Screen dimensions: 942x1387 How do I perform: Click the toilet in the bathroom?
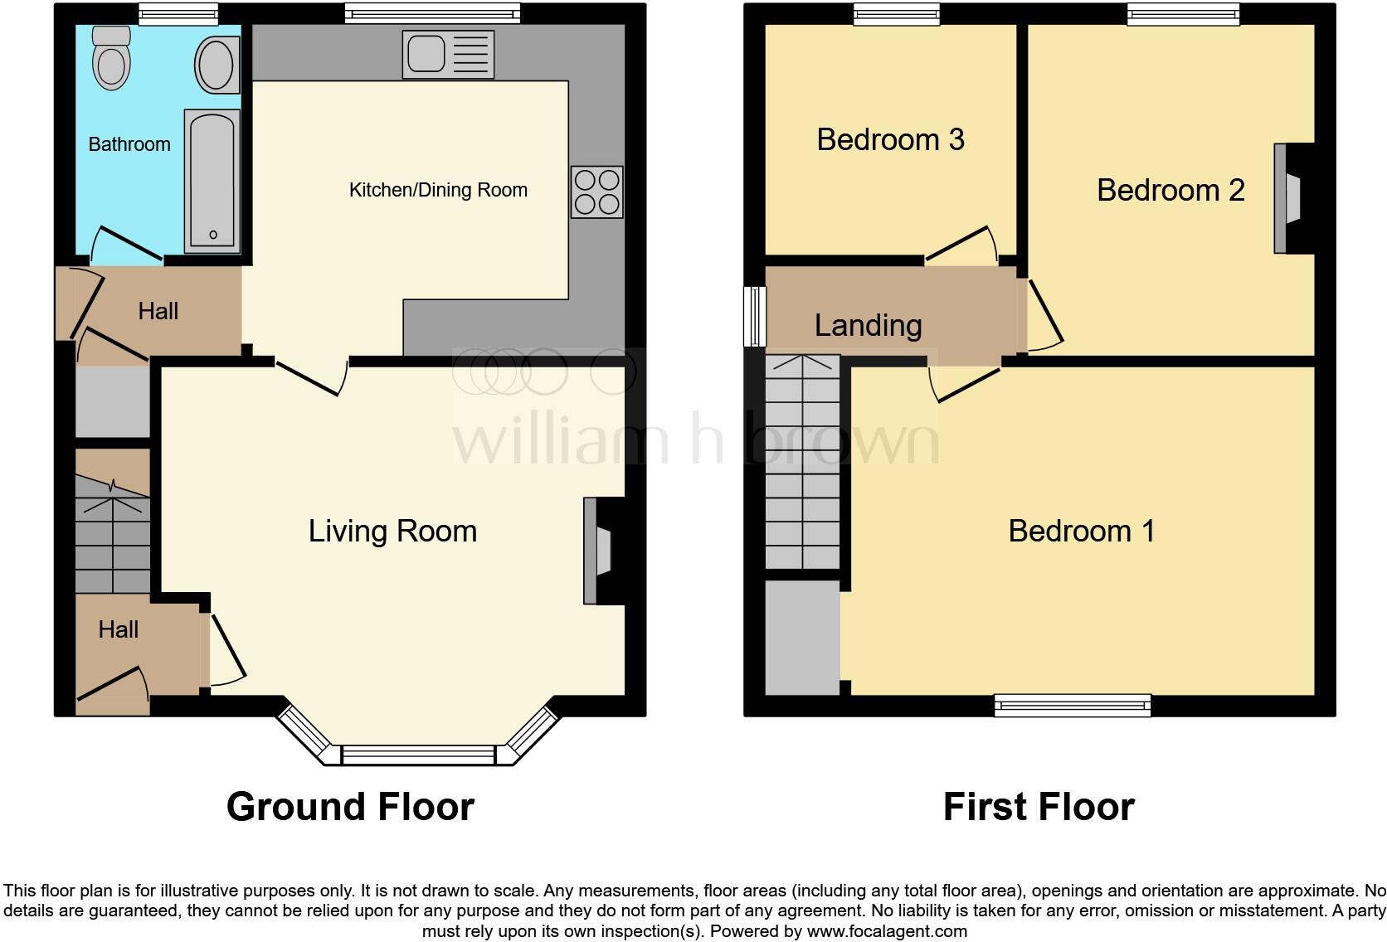[111, 58]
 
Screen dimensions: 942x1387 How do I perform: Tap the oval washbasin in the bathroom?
[216, 64]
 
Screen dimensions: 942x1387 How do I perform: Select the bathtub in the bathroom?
[212, 182]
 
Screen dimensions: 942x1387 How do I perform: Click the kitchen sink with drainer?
[448, 55]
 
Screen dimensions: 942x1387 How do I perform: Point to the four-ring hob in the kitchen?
[596, 192]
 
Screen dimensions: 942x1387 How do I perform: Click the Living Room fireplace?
[601, 551]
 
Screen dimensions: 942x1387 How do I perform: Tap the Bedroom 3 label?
[890, 139]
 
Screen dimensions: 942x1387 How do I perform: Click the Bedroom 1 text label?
[1081, 531]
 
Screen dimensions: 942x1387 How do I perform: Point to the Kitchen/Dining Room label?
[438, 190]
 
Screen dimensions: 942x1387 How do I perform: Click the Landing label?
[868, 325]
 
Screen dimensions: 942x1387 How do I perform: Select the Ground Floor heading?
[350, 807]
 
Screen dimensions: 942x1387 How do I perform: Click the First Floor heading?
[1039, 807]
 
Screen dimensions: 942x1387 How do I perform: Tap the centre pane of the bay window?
[418, 756]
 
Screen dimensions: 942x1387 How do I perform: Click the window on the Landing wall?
[754, 316]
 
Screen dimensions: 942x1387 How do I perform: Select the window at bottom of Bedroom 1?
[1072, 706]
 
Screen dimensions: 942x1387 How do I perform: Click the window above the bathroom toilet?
[178, 12]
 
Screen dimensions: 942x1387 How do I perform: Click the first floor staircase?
[802, 462]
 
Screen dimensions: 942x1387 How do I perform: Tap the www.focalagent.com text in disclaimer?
[886, 931]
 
